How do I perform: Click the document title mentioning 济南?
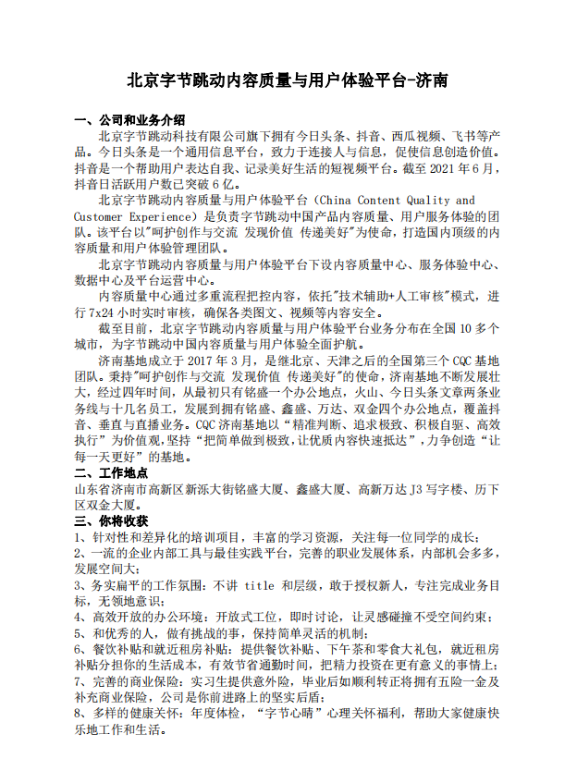[x=288, y=80]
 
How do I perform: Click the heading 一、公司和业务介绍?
[x=129, y=119]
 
